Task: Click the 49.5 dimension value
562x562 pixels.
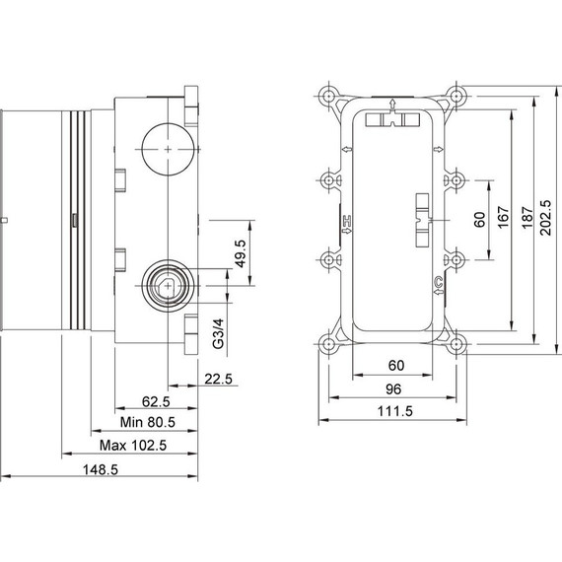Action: (x=241, y=255)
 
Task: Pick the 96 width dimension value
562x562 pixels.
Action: (x=392, y=388)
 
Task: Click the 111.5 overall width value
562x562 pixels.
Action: (x=392, y=411)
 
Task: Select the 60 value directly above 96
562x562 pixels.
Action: (x=392, y=366)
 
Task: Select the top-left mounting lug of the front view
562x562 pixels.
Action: (x=326, y=98)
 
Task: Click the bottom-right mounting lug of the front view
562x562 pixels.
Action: (x=457, y=344)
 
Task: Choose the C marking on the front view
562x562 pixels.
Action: (x=437, y=286)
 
